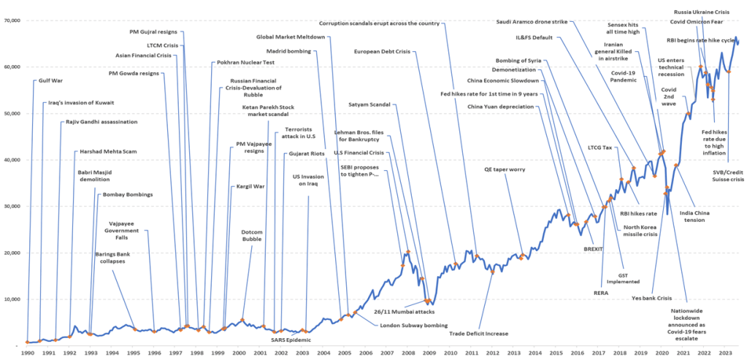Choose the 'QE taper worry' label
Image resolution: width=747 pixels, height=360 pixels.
pyautogui.click(x=505, y=169)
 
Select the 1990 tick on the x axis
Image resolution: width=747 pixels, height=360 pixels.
pyautogui.click(x=26, y=353)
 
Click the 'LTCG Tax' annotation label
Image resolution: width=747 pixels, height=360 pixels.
pyautogui.click(x=599, y=147)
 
